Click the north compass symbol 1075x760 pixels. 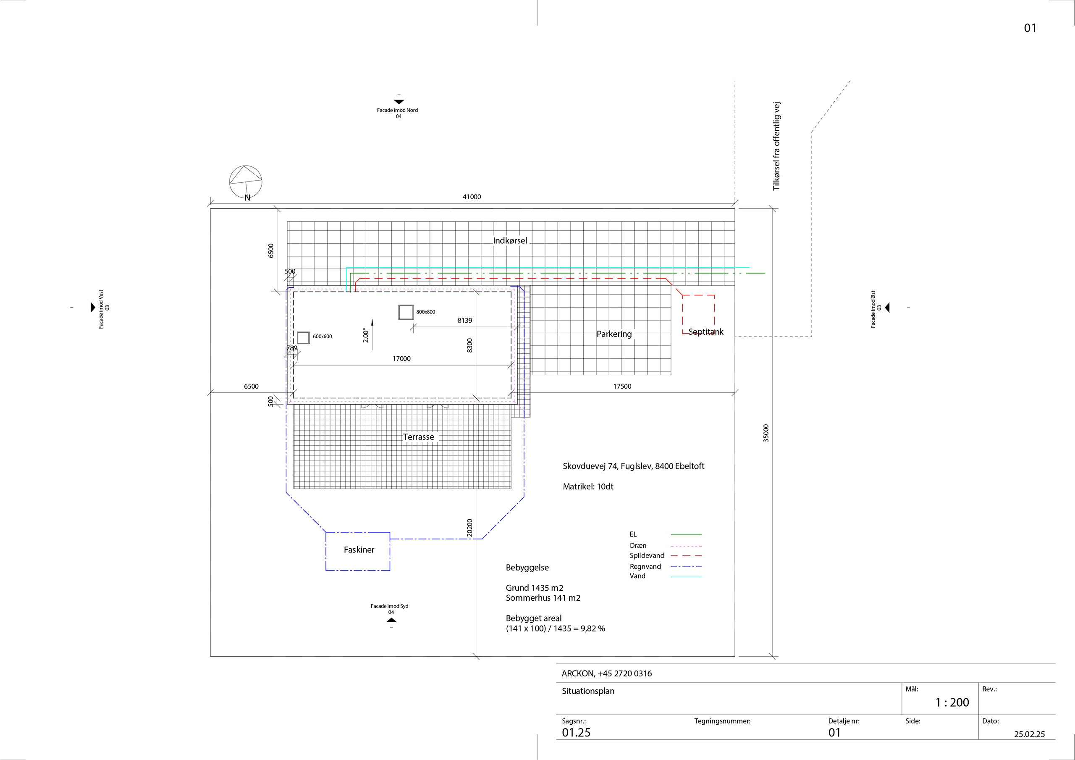[245, 182]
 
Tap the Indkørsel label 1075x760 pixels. [510, 240]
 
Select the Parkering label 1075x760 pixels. [614, 334]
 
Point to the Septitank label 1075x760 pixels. [705, 332]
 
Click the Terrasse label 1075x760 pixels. [419, 437]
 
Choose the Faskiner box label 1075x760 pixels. [359, 550]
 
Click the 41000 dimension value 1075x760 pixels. [472, 197]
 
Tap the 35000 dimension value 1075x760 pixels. [766, 433]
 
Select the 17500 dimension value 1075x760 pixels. [622, 386]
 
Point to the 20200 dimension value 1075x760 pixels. [469, 528]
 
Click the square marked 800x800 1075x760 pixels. [406, 312]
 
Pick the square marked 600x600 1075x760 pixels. [304, 337]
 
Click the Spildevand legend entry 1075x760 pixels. [647, 555]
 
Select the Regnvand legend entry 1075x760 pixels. [645, 566]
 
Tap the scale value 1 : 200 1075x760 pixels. [952, 702]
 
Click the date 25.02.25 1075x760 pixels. [1029, 734]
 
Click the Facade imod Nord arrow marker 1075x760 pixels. [399, 102]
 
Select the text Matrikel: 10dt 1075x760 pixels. [587, 487]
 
